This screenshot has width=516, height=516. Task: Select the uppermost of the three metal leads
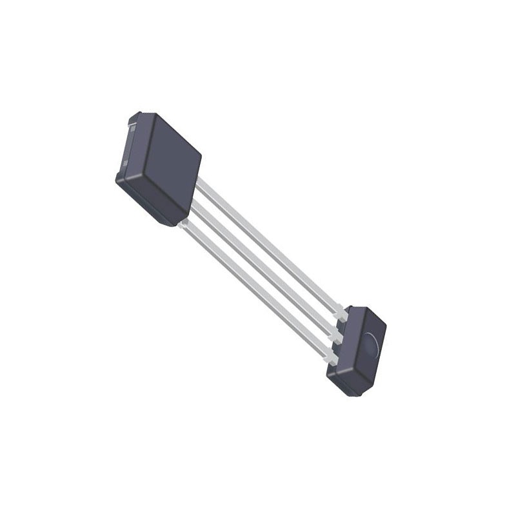coord(271,245)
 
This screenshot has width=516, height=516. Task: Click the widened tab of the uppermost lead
coord(341,315)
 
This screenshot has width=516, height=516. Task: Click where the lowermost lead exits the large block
coord(184,223)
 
